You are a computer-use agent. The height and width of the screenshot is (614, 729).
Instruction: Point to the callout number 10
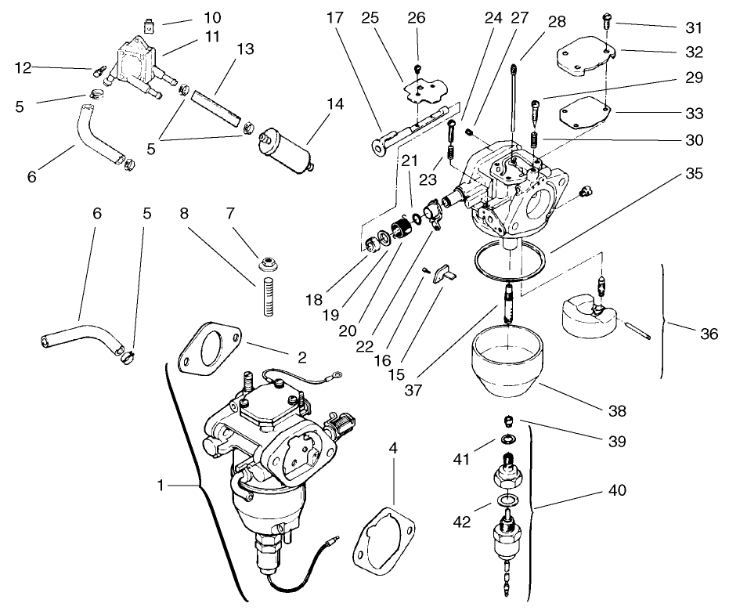pos(191,16)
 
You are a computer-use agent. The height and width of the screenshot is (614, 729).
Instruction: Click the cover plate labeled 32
pos(583,61)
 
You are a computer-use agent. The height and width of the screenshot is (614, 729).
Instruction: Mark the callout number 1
pos(161,486)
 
